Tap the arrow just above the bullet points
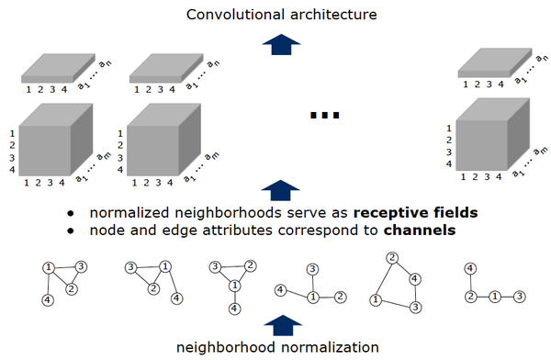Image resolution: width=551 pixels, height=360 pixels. (275, 189)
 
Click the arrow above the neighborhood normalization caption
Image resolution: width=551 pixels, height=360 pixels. (275, 324)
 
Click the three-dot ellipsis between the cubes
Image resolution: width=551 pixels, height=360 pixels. (325, 116)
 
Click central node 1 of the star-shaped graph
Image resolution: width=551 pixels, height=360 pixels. (312, 297)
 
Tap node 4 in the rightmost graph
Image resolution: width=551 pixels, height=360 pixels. (470, 268)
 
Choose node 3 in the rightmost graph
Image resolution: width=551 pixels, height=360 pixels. (520, 297)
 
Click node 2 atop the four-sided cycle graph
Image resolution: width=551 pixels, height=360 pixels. (390, 257)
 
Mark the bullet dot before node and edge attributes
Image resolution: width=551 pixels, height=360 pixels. (71, 231)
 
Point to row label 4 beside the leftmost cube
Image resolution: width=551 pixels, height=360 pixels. (11, 170)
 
